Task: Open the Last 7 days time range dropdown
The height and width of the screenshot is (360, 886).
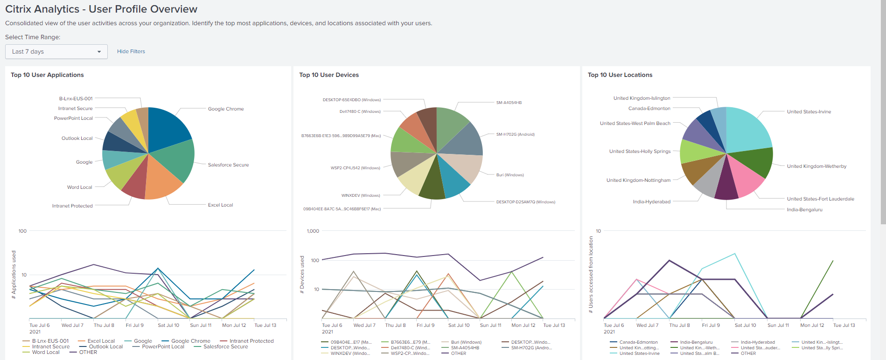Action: pyautogui.click(x=56, y=52)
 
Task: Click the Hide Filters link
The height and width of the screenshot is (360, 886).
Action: pyautogui.click(x=131, y=52)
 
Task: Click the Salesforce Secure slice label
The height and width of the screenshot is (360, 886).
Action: pyautogui.click(x=228, y=165)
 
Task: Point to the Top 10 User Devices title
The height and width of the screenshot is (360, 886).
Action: pyautogui.click(x=329, y=75)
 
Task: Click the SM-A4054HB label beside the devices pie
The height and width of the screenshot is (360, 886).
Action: pyautogui.click(x=509, y=103)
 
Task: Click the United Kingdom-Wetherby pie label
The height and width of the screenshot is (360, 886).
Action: pyautogui.click(x=816, y=166)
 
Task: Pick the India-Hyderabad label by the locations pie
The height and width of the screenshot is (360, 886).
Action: pyautogui.click(x=651, y=202)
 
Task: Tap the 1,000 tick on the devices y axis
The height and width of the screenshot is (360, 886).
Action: pyautogui.click(x=313, y=231)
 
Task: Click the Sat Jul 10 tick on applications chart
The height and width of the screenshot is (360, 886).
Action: pyautogui.click(x=168, y=325)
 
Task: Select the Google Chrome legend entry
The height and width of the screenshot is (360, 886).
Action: pyautogui.click(x=190, y=341)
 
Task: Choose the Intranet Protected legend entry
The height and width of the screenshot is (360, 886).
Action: pyautogui.click(x=251, y=341)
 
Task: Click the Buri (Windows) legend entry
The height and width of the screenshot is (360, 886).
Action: pyautogui.click(x=466, y=342)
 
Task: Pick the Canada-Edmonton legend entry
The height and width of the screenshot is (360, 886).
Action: pyautogui.click(x=638, y=342)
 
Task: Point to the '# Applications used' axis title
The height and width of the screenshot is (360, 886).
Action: pyautogui.click(x=14, y=275)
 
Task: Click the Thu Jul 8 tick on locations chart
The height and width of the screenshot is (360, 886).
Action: pyautogui.click(x=679, y=325)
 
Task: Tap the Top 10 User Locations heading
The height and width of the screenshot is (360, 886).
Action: pyautogui.click(x=620, y=75)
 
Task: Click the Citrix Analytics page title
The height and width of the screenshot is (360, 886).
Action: pyautogui.click(x=101, y=9)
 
